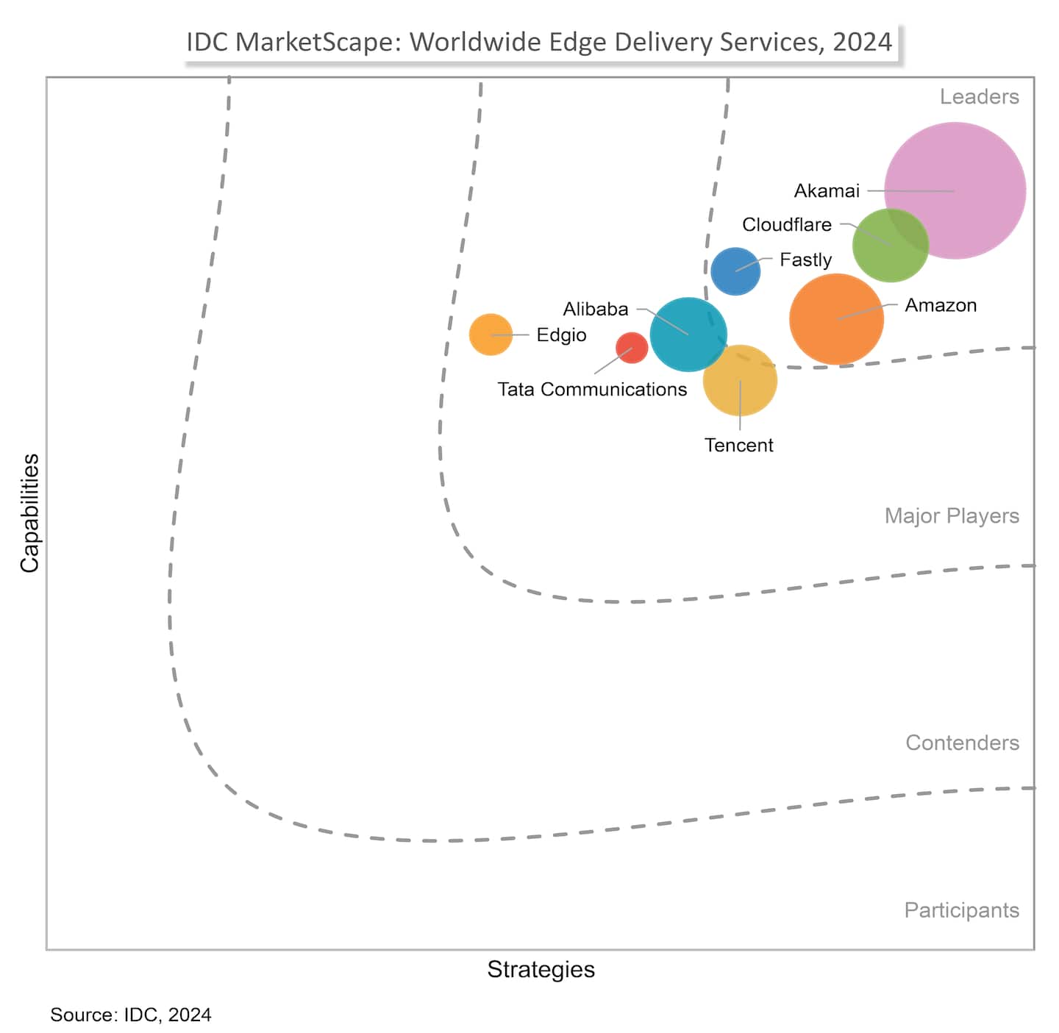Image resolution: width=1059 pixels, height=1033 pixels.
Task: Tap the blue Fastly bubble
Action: point(735,271)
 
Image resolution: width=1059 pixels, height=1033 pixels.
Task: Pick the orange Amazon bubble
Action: point(836,319)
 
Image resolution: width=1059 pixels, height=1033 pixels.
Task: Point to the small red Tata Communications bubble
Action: point(632,348)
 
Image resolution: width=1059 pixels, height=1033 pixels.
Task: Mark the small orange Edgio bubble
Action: point(491,335)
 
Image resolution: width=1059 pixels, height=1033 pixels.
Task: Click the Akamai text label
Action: point(827,191)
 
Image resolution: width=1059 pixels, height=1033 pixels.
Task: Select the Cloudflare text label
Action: point(787,225)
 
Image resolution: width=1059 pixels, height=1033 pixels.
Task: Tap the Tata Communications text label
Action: point(592,390)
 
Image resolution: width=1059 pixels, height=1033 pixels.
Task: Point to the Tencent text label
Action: point(739,446)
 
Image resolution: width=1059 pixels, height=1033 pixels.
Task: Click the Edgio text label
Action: point(561,335)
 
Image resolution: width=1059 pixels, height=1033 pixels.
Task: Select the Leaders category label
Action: point(979,97)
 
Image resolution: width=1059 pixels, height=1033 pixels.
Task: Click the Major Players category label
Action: point(952,516)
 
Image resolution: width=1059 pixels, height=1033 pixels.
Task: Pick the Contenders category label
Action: point(962,743)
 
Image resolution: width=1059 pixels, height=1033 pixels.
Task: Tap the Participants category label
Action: point(961,911)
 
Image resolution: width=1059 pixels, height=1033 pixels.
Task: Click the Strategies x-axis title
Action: point(541,970)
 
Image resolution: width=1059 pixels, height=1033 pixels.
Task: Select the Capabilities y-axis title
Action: point(29,513)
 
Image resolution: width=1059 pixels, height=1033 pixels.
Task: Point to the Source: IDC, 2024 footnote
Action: point(131,1015)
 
